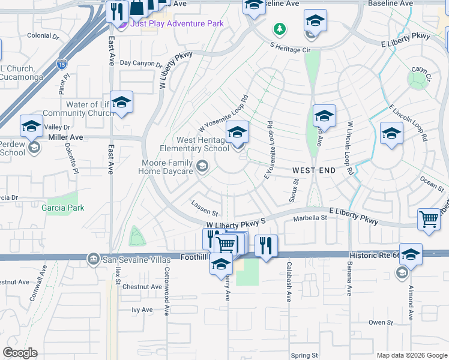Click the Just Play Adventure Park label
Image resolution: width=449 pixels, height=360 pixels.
[x=176, y=24]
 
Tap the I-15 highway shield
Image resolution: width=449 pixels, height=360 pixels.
[x=62, y=63]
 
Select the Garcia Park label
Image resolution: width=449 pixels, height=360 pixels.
[x=63, y=208]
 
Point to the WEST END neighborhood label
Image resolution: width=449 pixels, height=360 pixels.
[x=314, y=171]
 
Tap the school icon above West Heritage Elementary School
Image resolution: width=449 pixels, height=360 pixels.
[x=237, y=132]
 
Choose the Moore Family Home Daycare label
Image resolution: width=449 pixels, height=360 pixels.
[x=167, y=167]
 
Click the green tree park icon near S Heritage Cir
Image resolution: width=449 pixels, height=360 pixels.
[x=279, y=28]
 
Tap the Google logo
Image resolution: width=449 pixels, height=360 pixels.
[x=20, y=353]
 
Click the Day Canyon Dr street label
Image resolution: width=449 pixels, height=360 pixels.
[x=141, y=63]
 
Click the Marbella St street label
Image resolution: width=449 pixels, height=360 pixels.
[x=310, y=218]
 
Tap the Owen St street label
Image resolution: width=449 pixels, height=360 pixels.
[x=381, y=322]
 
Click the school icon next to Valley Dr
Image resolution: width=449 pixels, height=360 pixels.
[x=32, y=125]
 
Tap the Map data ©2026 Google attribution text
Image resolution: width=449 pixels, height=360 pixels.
[x=411, y=355]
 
